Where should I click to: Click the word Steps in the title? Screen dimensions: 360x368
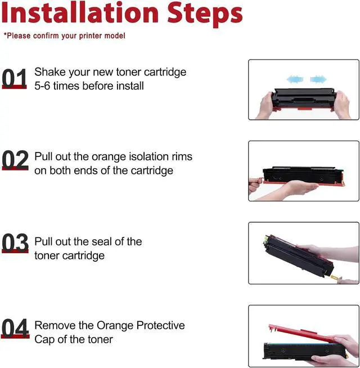[205, 15]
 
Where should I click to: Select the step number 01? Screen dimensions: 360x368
[14, 78]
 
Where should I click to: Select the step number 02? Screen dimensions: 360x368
[15, 160]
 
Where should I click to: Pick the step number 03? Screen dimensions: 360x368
[15, 243]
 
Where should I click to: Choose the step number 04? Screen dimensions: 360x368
[15, 328]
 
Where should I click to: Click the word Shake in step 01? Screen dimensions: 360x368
[50, 72]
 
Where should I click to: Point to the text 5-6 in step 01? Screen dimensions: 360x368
[42, 86]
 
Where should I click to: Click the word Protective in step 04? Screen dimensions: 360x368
[160, 325]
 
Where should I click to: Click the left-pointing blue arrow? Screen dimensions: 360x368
[295, 79]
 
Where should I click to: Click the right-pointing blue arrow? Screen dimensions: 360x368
[318, 79]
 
